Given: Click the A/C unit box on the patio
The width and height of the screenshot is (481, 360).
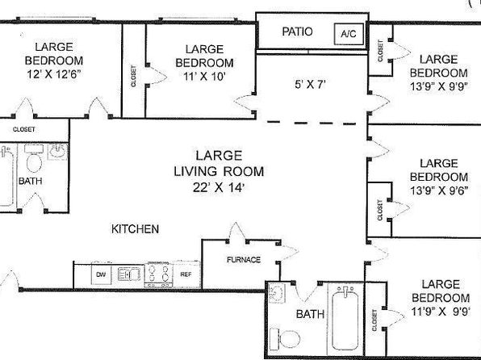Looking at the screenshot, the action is pos(349,33).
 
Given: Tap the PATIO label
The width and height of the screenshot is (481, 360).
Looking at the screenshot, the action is pos(297,31).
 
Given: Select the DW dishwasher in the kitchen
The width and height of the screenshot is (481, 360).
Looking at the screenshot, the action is pos(101,274).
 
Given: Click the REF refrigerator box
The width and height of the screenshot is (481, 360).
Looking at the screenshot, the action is pos(186,274).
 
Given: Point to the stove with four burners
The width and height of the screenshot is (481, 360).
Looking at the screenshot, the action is pos(158,274).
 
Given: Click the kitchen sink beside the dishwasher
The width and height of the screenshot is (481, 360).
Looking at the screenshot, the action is pos(129,274).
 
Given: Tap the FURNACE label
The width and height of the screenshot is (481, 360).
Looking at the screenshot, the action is pos(244,260).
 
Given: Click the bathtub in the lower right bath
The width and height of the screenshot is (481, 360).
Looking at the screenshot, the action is pos(345,319).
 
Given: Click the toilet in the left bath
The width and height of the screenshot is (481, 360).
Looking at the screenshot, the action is pos(34,160).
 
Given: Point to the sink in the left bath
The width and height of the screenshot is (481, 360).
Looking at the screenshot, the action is pos(57,151).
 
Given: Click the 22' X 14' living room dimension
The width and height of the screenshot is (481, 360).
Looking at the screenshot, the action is pos(219,187).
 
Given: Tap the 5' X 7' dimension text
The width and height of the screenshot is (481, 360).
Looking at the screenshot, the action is pos(310,84).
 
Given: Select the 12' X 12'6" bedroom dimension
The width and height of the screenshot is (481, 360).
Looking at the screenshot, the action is pos(54,74).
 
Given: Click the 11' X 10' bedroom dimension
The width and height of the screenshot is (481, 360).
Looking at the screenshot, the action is pos(204,76).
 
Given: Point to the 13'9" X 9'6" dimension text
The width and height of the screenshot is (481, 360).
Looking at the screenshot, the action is pos(439,190).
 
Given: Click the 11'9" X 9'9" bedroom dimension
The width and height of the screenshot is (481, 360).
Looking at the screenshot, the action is pos(441,312).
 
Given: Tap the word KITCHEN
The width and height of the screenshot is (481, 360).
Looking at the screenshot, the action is pos(135,229).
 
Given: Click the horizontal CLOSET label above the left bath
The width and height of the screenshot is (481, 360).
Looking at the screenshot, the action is pos(23,129).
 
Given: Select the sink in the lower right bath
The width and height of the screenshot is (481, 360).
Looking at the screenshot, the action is pos(277,293).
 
